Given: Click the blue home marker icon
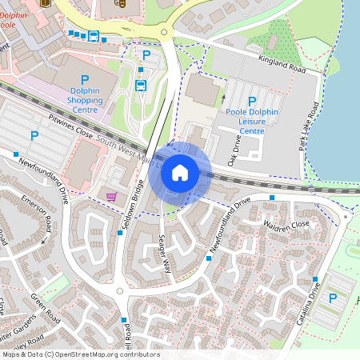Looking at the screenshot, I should click(x=180, y=173).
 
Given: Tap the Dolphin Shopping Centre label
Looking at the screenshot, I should click(x=85, y=100).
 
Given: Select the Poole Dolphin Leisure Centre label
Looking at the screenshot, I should click(x=252, y=120).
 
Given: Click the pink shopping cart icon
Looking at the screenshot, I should click(x=111, y=196).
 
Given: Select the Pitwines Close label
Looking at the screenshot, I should click(x=72, y=128).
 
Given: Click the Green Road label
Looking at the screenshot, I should click(x=46, y=308).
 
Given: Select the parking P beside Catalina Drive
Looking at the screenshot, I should click(x=333, y=298).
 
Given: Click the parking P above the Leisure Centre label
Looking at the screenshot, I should click(x=252, y=101).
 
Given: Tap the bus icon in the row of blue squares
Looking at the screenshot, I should click(x=94, y=36).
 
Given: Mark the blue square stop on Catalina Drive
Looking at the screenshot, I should click(x=315, y=280).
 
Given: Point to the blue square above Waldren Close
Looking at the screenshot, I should click(x=272, y=197).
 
